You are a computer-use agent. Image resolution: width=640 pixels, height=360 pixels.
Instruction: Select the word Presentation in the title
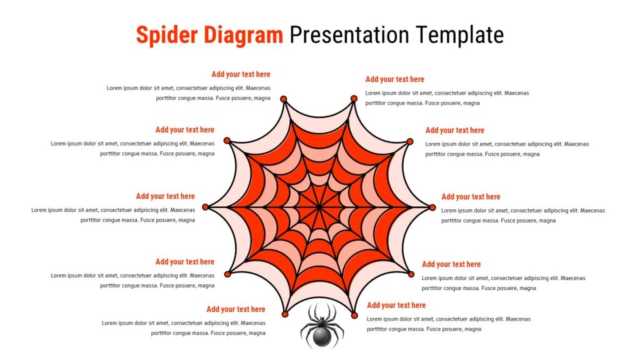point(349,35)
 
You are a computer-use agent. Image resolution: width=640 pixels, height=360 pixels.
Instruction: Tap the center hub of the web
point(319,207)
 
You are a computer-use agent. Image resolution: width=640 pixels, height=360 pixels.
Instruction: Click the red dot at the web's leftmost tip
point(205,207)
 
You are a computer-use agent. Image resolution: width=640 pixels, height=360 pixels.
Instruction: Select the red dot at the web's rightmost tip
point(432,207)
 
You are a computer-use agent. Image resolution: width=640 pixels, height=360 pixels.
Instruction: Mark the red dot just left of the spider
point(285,314)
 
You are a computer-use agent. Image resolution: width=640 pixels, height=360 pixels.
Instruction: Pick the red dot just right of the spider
point(354,316)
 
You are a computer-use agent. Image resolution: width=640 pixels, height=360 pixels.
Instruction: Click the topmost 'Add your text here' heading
point(241,74)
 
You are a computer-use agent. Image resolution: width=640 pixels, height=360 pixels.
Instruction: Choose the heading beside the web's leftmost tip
point(165,196)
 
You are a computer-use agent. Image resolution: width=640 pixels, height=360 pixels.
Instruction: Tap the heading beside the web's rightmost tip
point(471,197)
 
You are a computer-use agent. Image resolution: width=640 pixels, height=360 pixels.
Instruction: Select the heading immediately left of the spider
point(236,309)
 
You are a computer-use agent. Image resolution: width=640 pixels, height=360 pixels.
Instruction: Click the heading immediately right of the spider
point(396,305)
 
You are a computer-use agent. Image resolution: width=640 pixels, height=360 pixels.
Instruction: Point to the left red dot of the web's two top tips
point(284,99)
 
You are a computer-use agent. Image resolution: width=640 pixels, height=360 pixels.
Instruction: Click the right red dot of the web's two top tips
point(354,98)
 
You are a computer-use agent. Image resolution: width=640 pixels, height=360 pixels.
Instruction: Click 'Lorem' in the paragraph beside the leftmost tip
point(38,210)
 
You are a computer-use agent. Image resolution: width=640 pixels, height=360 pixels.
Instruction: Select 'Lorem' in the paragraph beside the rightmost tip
point(449,211)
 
